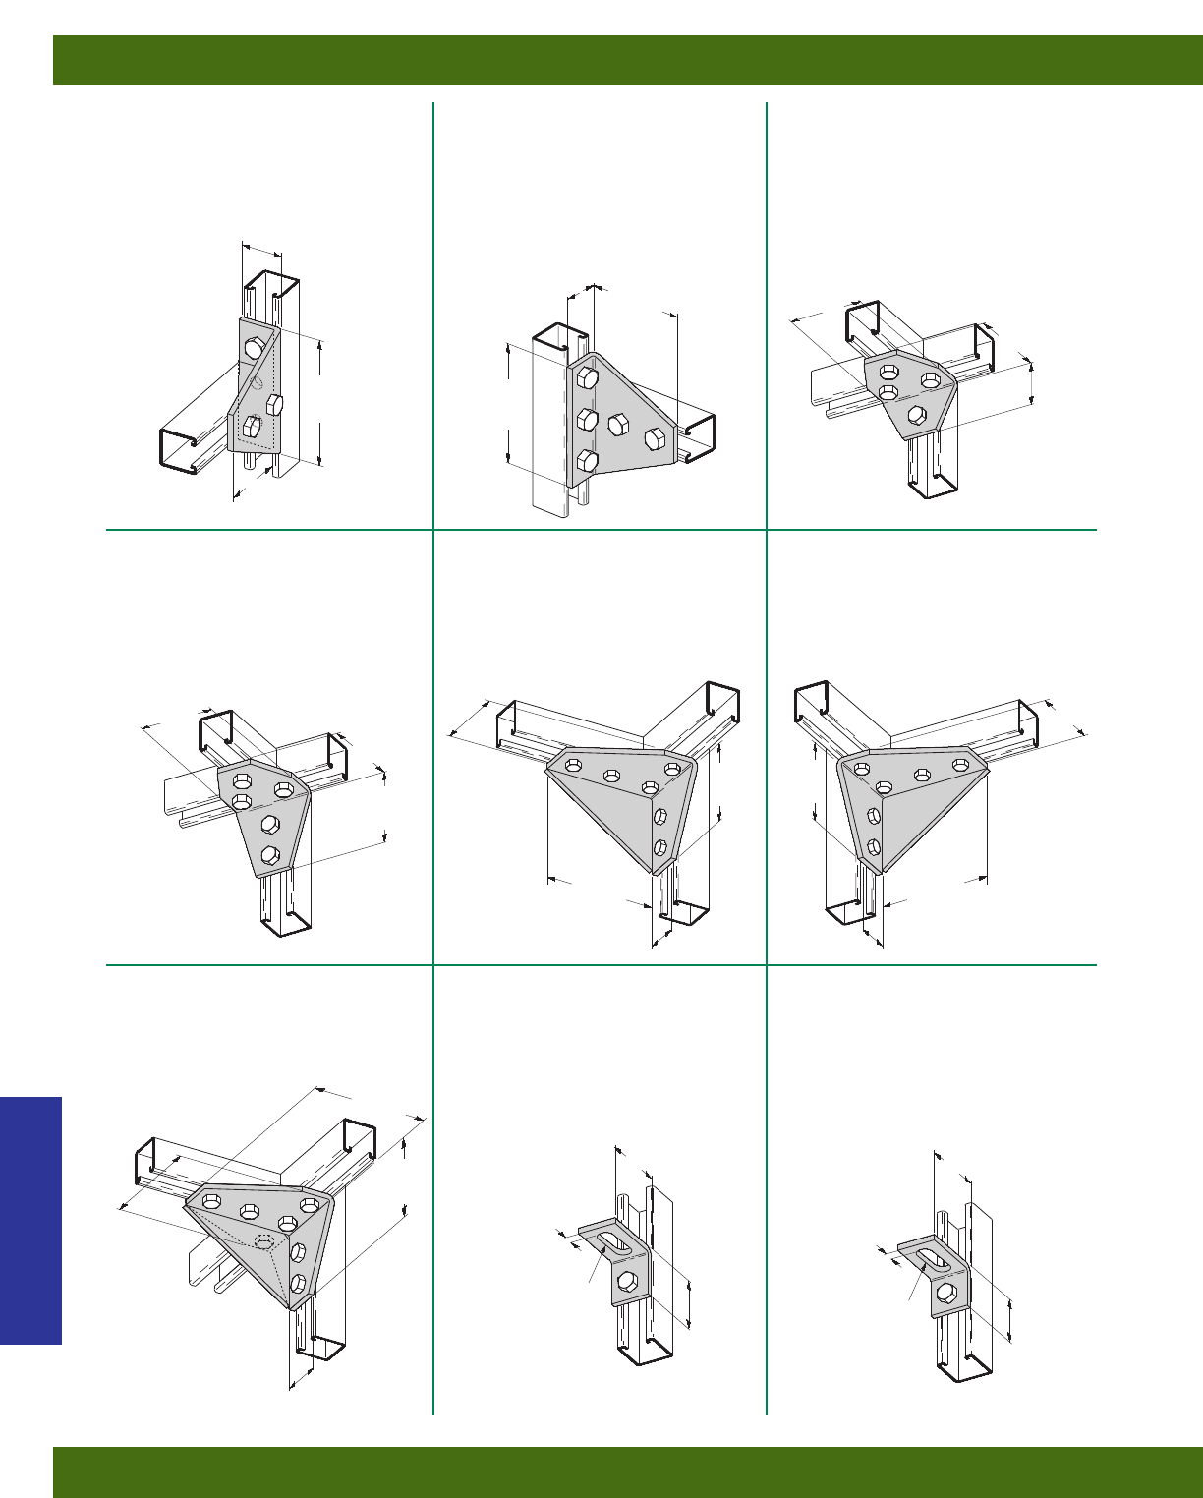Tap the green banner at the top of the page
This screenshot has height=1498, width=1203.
tap(629, 60)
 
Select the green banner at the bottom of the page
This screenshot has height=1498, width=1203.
tap(629, 1471)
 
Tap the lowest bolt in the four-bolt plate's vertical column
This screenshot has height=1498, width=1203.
tap(587, 460)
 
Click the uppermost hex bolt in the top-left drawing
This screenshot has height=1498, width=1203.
tap(254, 348)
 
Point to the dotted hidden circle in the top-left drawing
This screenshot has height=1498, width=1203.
tap(257, 383)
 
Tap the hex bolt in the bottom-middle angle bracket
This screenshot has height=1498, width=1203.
tap(627, 1280)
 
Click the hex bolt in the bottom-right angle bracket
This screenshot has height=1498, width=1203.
tap(945, 1291)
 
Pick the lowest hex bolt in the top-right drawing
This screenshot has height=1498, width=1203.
tap(916, 414)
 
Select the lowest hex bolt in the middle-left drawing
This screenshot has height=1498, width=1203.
tap(270, 854)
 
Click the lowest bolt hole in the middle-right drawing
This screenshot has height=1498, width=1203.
tap(874, 846)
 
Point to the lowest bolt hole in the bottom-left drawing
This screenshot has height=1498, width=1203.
tap(297, 1282)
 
